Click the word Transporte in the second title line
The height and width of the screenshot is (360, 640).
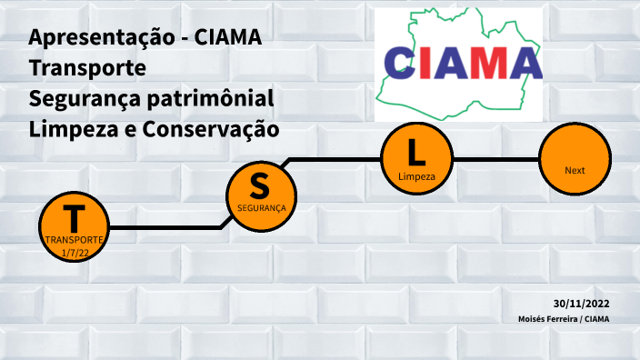pos(87,68)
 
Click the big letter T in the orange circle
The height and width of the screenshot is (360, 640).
pos(74,218)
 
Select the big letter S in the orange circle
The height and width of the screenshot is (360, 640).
pos(260,185)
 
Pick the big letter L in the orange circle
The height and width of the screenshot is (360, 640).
pos(416,151)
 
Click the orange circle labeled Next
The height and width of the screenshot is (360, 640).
pos(575,162)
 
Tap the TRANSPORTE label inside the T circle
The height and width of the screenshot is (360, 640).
pos(74,240)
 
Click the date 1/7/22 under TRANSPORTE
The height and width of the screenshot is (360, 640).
pos(74,252)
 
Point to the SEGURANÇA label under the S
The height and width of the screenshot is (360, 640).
pos(261,208)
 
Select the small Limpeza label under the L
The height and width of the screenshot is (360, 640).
pos(416,175)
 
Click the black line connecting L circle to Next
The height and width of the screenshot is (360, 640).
pos(495,160)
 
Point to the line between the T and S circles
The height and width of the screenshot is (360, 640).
pos(164,226)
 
